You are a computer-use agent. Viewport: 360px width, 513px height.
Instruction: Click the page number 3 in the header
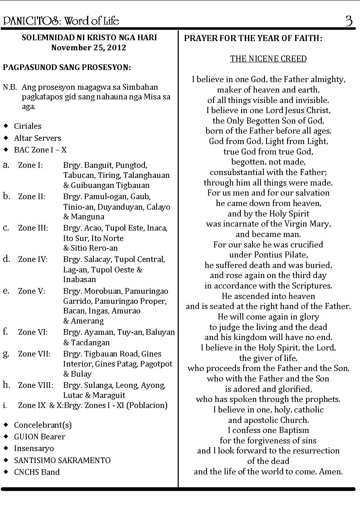(x=349, y=21)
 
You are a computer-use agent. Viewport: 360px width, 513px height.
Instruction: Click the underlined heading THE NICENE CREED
(x=268, y=59)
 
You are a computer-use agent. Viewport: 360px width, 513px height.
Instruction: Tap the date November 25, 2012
(x=89, y=47)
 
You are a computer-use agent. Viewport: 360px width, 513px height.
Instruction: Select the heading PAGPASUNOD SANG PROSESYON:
(x=67, y=67)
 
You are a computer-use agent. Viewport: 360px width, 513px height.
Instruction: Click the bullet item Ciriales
(x=27, y=126)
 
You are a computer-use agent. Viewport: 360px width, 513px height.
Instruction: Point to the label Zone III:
(x=33, y=228)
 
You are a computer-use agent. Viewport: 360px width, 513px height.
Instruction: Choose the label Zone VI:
(x=33, y=332)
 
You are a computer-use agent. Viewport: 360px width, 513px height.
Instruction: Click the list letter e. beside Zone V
(x=6, y=290)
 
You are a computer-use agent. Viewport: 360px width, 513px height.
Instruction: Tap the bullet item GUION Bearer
(x=39, y=437)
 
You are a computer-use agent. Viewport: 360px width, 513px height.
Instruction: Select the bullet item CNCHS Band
(x=37, y=472)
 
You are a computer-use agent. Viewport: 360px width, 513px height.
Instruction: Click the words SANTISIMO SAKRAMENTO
(x=62, y=460)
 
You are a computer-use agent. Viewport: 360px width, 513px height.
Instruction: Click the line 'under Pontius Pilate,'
(x=268, y=255)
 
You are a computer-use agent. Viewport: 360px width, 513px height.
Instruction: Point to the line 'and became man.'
(x=268, y=234)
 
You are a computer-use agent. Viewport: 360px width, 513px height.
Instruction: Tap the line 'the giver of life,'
(x=268, y=358)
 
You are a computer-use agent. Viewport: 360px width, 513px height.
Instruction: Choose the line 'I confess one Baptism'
(x=268, y=430)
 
